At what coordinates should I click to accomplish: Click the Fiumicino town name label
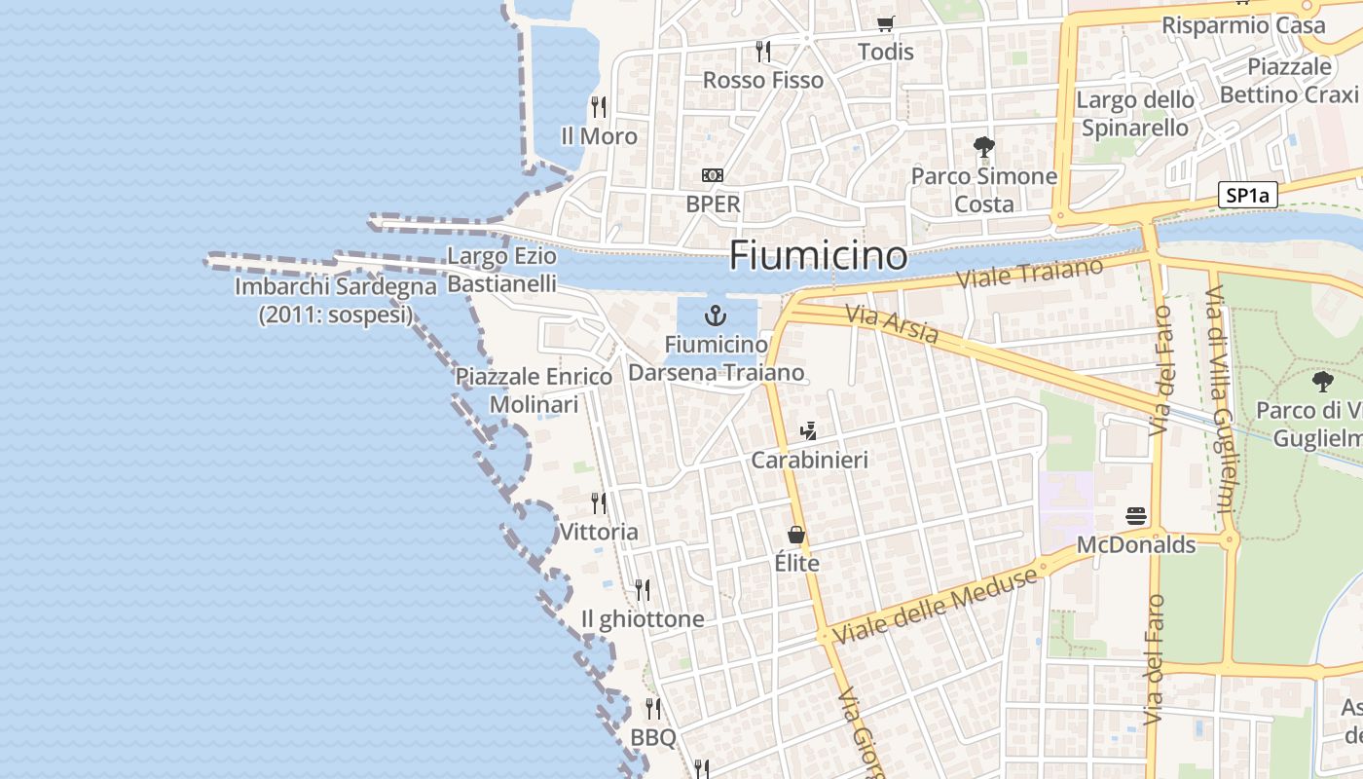click(x=818, y=256)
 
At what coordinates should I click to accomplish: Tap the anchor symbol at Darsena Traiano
click(x=716, y=315)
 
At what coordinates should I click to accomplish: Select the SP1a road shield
click(x=1247, y=196)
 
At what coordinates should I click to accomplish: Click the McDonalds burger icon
click(x=1136, y=515)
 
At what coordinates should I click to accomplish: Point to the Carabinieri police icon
click(x=807, y=429)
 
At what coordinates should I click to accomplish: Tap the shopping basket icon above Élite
click(x=796, y=535)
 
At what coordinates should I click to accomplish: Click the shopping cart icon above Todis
click(x=885, y=23)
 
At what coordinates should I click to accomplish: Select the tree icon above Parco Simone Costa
click(x=983, y=147)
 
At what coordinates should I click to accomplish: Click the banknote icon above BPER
click(x=713, y=175)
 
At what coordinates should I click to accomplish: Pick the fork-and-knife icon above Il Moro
click(x=599, y=106)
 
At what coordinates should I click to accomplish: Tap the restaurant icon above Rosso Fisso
click(x=763, y=51)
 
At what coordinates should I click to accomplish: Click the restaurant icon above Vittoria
click(x=599, y=502)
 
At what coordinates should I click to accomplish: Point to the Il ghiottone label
click(x=643, y=619)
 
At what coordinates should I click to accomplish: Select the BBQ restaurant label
click(x=653, y=737)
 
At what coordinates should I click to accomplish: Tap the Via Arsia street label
click(x=892, y=324)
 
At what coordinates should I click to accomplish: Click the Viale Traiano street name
click(x=1031, y=272)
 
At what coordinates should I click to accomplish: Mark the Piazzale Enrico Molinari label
click(x=534, y=389)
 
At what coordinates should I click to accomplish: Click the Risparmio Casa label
click(x=1244, y=25)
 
